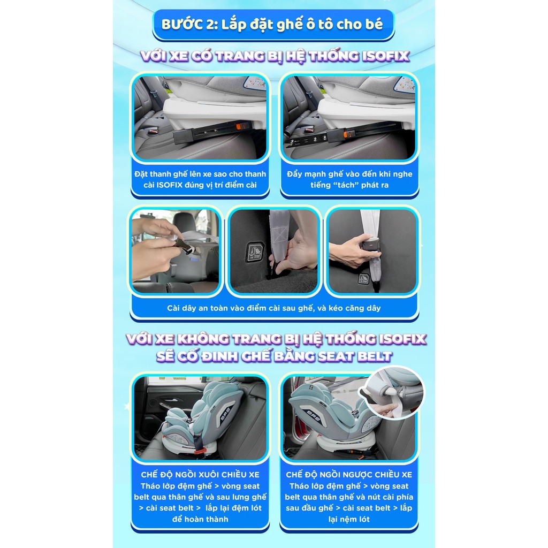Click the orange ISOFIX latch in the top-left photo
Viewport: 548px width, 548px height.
(239, 126)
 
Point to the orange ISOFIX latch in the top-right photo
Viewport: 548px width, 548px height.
(348, 133)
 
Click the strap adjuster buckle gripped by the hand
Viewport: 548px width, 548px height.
(371, 244)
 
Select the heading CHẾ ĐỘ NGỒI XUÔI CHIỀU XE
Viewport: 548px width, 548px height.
(200, 475)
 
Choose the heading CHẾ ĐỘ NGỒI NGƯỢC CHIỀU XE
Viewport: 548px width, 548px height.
(349, 475)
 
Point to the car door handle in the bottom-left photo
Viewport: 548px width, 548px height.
(171, 400)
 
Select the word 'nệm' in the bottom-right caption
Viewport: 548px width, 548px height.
(349, 519)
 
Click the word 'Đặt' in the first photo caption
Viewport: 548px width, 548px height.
(141, 174)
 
